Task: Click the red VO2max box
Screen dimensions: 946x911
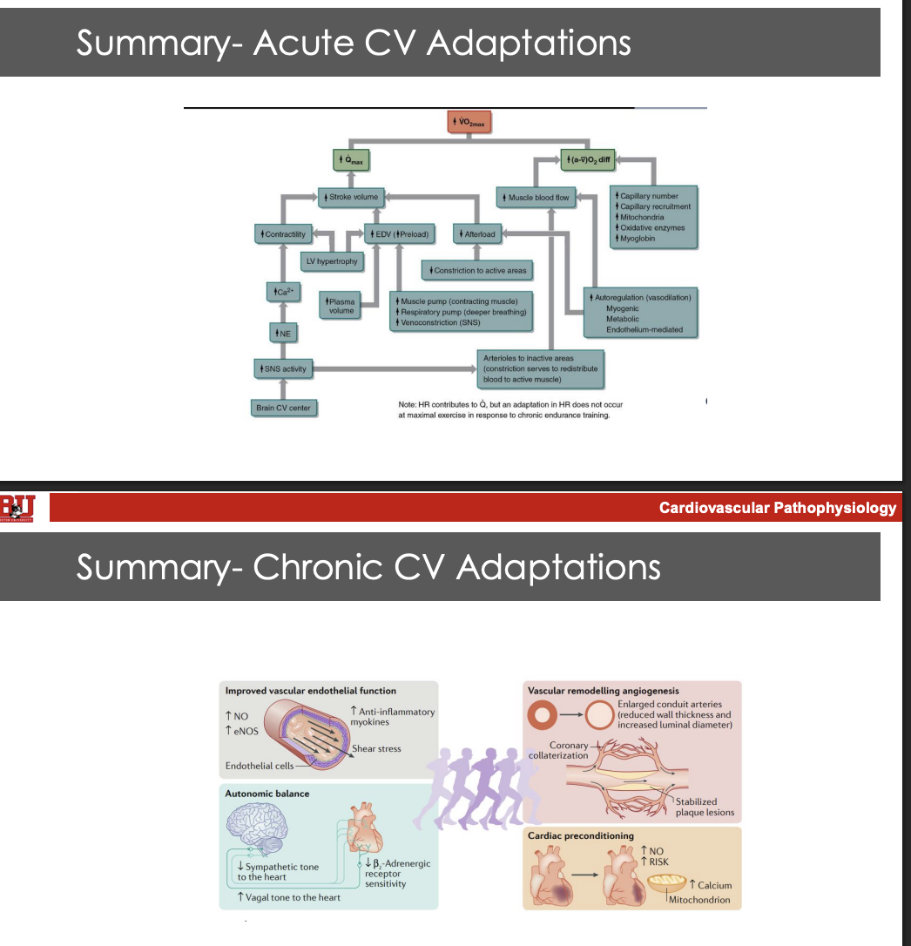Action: click(470, 123)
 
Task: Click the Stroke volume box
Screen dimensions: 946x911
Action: click(351, 197)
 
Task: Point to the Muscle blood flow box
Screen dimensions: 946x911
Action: click(536, 198)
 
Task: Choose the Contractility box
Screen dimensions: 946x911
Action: click(281, 234)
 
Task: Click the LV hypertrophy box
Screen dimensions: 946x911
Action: click(331, 260)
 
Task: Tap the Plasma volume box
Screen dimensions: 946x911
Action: click(341, 306)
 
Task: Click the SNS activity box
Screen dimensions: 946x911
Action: click(281, 369)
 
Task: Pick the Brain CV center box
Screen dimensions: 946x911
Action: click(283, 408)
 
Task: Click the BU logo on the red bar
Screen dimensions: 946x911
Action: click(17, 507)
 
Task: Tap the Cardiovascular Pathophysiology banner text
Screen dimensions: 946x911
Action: click(777, 508)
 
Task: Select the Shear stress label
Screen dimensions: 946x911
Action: click(376, 749)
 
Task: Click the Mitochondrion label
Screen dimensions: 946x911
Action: click(699, 900)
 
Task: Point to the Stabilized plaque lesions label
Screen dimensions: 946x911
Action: click(705, 807)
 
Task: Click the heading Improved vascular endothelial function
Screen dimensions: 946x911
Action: click(311, 691)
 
